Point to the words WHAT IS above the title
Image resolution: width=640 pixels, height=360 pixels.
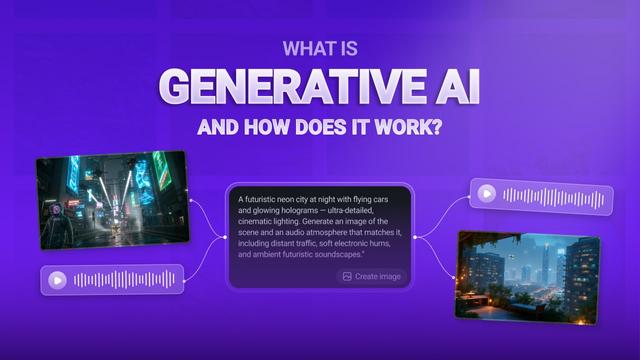click(319, 47)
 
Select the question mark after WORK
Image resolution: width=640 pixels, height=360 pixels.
click(434, 129)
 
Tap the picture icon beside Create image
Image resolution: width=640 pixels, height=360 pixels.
click(346, 276)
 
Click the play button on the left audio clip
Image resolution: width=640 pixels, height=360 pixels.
click(58, 281)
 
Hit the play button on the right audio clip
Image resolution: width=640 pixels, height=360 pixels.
click(486, 194)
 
